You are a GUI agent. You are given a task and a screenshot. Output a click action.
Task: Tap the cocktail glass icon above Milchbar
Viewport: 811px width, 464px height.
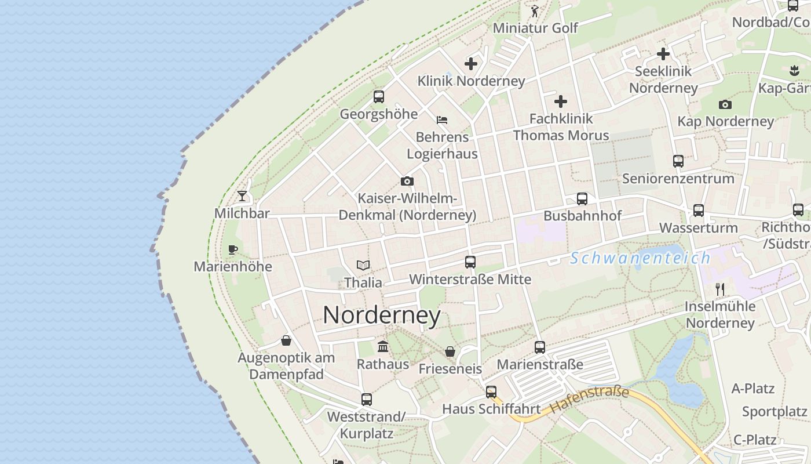pos(242,196)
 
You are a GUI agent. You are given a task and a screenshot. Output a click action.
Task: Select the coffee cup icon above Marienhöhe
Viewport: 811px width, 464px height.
pos(233,249)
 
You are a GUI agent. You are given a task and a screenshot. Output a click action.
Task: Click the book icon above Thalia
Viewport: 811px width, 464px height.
pos(363,266)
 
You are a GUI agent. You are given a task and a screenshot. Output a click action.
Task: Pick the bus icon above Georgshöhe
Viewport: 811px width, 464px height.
pos(379,97)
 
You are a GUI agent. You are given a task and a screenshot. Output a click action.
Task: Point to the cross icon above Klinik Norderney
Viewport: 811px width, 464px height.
pos(471,64)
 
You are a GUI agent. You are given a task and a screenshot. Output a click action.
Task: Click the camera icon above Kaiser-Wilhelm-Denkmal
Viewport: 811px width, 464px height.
pos(407,182)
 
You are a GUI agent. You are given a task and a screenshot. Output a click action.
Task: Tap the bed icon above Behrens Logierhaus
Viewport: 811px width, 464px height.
pos(442,120)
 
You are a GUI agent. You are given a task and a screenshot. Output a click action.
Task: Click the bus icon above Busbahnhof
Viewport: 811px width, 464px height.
pos(582,199)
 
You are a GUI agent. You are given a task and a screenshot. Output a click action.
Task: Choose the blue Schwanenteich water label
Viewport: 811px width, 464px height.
pos(640,258)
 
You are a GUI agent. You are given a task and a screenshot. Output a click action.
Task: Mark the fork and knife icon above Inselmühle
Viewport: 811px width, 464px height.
pos(720,289)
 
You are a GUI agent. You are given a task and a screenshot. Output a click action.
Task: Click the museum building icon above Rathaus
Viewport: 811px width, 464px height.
pos(383,347)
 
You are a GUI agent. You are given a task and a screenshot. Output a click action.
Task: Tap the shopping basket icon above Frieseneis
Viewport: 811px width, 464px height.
pos(450,351)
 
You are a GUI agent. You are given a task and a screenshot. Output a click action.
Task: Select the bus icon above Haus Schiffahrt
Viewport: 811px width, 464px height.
pos(491,392)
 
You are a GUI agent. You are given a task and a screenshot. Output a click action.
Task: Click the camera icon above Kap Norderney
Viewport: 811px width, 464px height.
pos(725,104)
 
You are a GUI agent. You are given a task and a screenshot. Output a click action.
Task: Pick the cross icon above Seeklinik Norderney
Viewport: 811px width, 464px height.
pos(663,54)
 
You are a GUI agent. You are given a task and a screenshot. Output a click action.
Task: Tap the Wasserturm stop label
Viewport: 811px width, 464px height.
pos(699,227)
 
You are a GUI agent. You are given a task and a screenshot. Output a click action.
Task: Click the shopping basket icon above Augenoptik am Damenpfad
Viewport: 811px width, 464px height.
pos(286,340)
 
